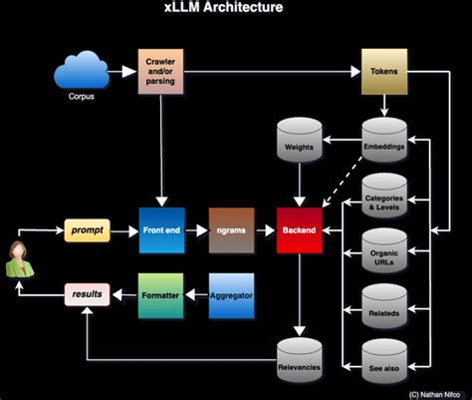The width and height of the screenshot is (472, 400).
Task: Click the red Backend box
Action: pyautogui.click(x=302, y=230)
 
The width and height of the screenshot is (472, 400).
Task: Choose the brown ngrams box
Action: pyautogui.click(x=231, y=230)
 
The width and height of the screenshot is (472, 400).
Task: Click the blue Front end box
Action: pyautogui.click(x=161, y=230)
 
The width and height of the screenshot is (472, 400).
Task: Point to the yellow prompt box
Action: pyautogui.click(x=87, y=230)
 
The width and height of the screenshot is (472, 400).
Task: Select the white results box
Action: pyautogui.click(x=86, y=294)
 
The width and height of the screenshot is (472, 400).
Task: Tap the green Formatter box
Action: pyautogui.click(x=161, y=294)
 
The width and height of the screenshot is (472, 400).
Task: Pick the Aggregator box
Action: pyautogui.click(x=231, y=294)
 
